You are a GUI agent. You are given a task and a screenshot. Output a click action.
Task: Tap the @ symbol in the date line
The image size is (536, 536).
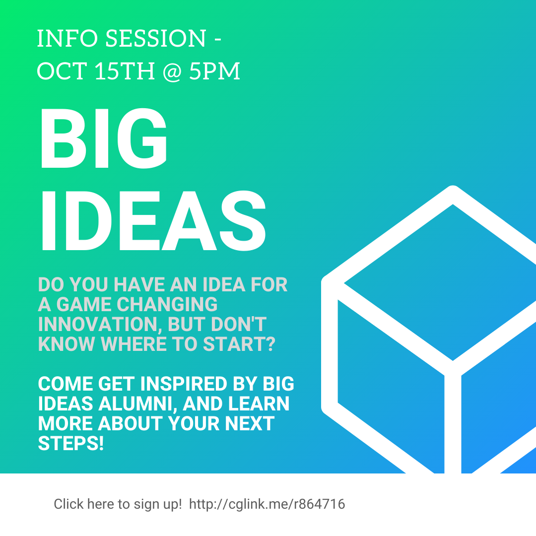point(172,71)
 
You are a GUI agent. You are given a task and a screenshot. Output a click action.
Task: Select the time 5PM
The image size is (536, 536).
point(214,71)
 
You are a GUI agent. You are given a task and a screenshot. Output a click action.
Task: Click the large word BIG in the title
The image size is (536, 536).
point(104,138)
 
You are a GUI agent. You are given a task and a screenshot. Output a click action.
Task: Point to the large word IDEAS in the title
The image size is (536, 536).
point(153,220)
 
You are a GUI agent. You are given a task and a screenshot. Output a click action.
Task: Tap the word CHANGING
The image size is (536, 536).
point(167,304)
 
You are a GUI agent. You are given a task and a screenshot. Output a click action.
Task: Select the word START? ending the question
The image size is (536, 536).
point(239,344)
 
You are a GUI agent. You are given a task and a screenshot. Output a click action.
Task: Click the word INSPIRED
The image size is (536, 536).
point(184,384)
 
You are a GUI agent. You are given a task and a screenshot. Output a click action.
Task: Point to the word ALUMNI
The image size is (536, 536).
point(138,403)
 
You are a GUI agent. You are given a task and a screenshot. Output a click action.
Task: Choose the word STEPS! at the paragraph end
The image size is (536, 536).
point(71,443)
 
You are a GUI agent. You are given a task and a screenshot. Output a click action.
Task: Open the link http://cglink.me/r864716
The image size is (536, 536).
point(267,504)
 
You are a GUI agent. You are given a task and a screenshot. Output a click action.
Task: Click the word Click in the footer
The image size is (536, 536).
point(68,504)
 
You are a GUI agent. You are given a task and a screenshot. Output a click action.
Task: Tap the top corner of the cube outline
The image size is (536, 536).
point(453,187)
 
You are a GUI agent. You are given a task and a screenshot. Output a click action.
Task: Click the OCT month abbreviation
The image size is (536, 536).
point(62,71)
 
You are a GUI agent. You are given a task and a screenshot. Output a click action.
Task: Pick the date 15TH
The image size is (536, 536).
point(125,71)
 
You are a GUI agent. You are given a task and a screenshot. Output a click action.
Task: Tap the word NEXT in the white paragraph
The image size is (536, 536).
point(250,423)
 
